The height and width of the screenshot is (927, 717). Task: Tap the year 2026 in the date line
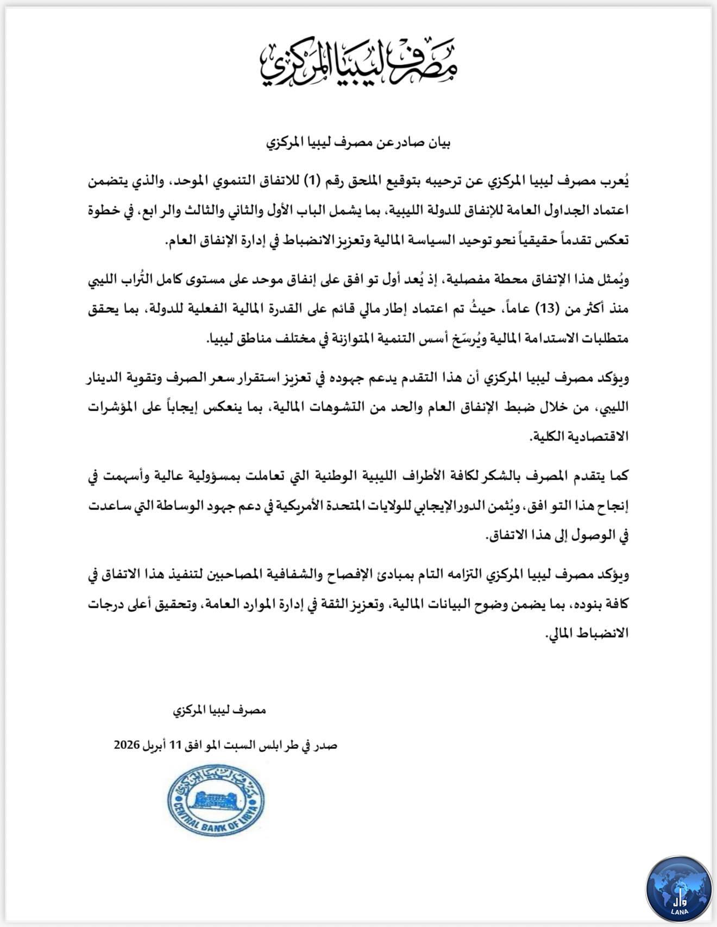pos(127,745)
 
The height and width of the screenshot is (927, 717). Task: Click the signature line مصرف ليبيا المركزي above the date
pos(219,711)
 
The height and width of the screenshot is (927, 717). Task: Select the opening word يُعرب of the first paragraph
pos(617,182)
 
